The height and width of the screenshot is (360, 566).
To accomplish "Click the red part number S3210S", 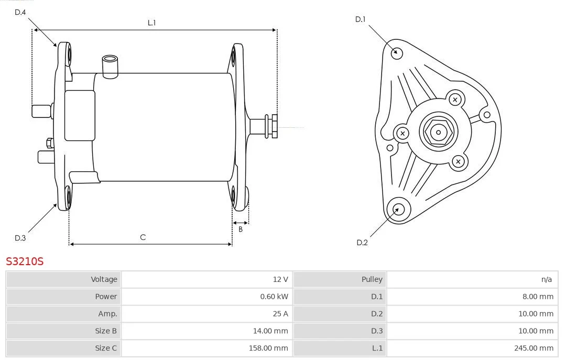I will coord(25,261).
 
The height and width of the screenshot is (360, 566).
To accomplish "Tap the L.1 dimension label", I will coord(152,23).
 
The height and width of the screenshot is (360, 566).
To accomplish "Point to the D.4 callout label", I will coord(20,12).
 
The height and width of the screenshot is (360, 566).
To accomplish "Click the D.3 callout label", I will coord(20,238).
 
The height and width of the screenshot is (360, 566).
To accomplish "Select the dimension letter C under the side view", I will coord(143,237).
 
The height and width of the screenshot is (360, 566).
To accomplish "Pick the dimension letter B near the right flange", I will coord(241,229).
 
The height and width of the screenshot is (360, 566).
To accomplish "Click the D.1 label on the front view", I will coord(360,19).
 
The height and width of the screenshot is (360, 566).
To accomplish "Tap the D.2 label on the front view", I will coord(362,242).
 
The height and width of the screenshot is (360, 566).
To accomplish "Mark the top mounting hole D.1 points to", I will coord(397,52).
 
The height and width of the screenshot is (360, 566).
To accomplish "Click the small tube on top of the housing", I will coord(110,66).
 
